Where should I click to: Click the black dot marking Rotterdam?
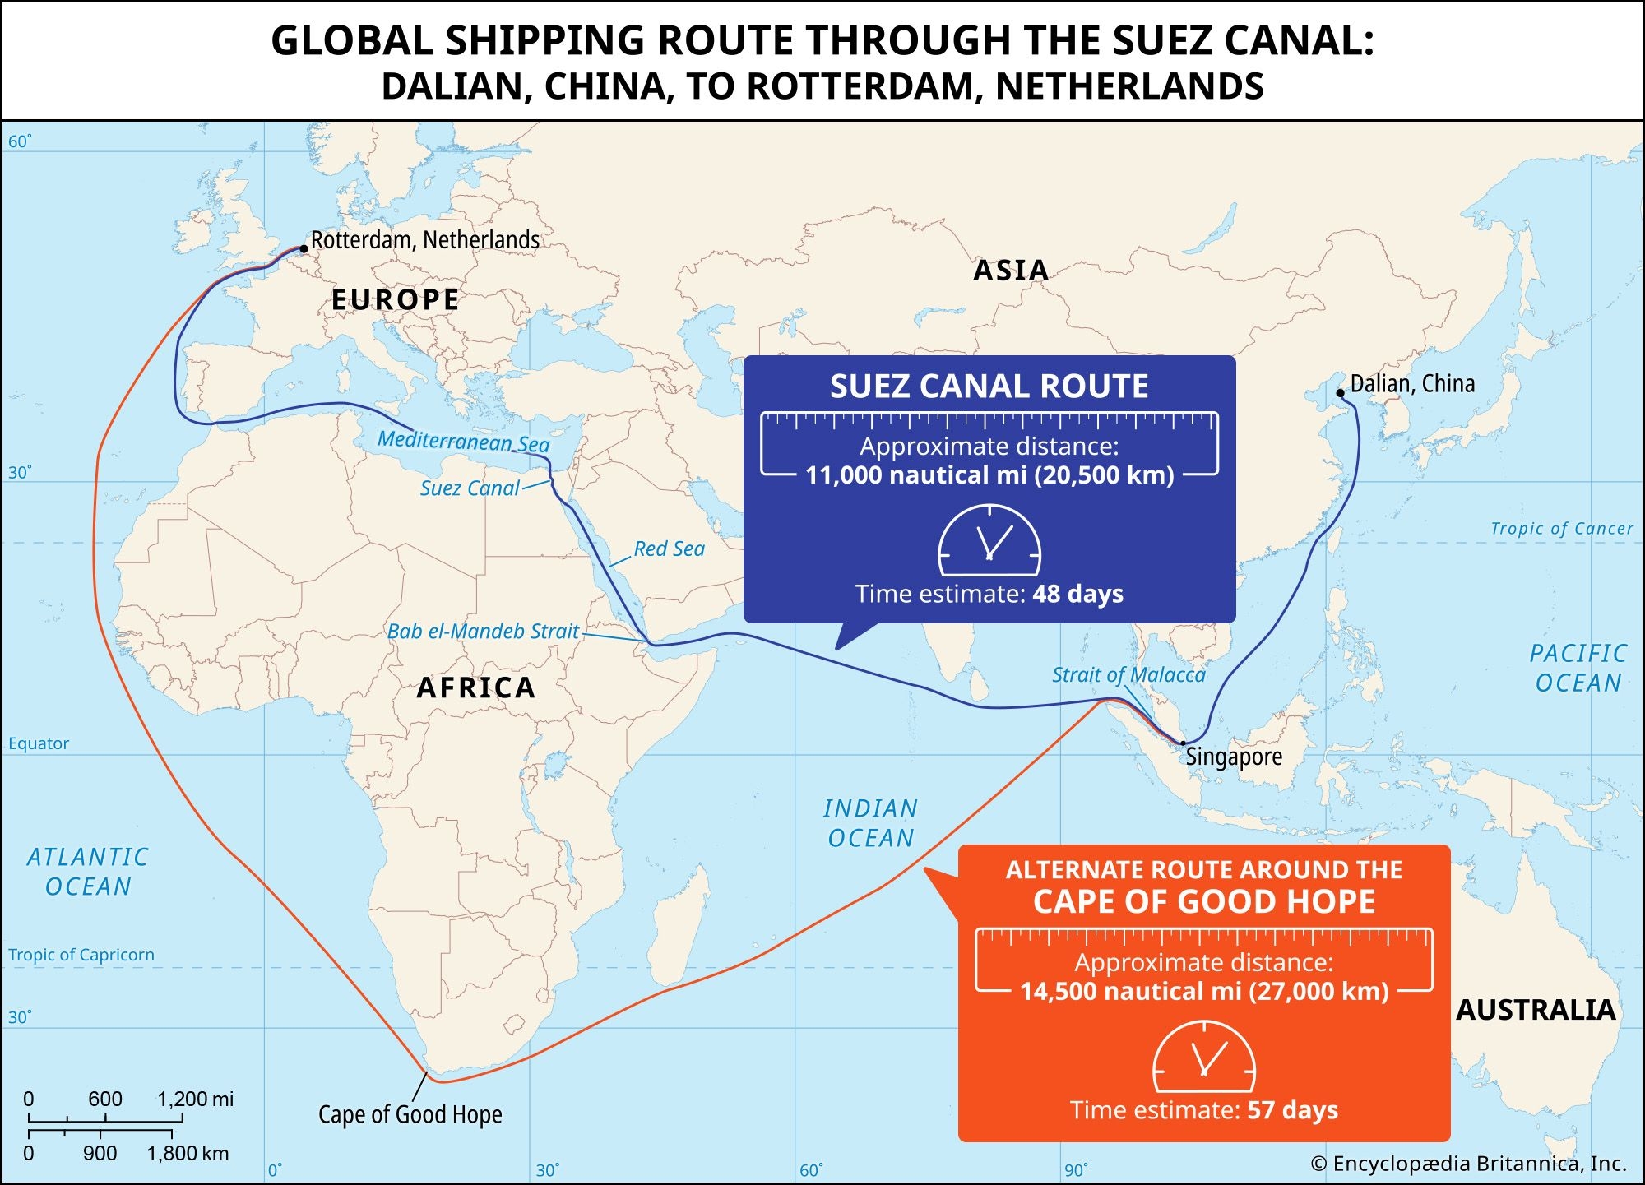pyautogui.click(x=304, y=248)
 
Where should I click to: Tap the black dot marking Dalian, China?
pyautogui.click(x=1340, y=393)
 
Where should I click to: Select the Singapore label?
pyautogui.click(x=1234, y=757)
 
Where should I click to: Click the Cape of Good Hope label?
pyautogui.click(x=410, y=1114)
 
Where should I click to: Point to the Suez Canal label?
pyautogui.click(x=470, y=488)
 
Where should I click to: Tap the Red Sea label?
pyautogui.click(x=669, y=549)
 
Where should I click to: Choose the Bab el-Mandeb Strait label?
pyautogui.click(x=483, y=632)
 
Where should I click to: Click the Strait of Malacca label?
pyautogui.click(x=1128, y=675)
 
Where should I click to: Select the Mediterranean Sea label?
pyautogui.click(x=463, y=442)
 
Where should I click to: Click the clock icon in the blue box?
pyautogui.click(x=989, y=540)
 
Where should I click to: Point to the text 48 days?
pyautogui.click(x=1077, y=594)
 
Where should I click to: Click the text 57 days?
pyautogui.click(x=1292, y=1110)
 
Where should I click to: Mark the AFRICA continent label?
pyautogui.click(x=476, y=687)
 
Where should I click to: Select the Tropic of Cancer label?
pyautogui.click(x=1561, y=529)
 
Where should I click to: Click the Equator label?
pyautogui.click(x=39, y=743)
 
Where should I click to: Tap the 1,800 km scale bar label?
pyautogui.click(x=188, y=1154)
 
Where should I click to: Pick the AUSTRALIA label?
pyautogui.click(x=1536, y=1010)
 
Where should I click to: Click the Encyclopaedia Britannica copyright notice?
pyautogui.click(x=1468, y=1164)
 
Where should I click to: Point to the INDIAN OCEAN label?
pyautogui.click(x=870, y=823)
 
